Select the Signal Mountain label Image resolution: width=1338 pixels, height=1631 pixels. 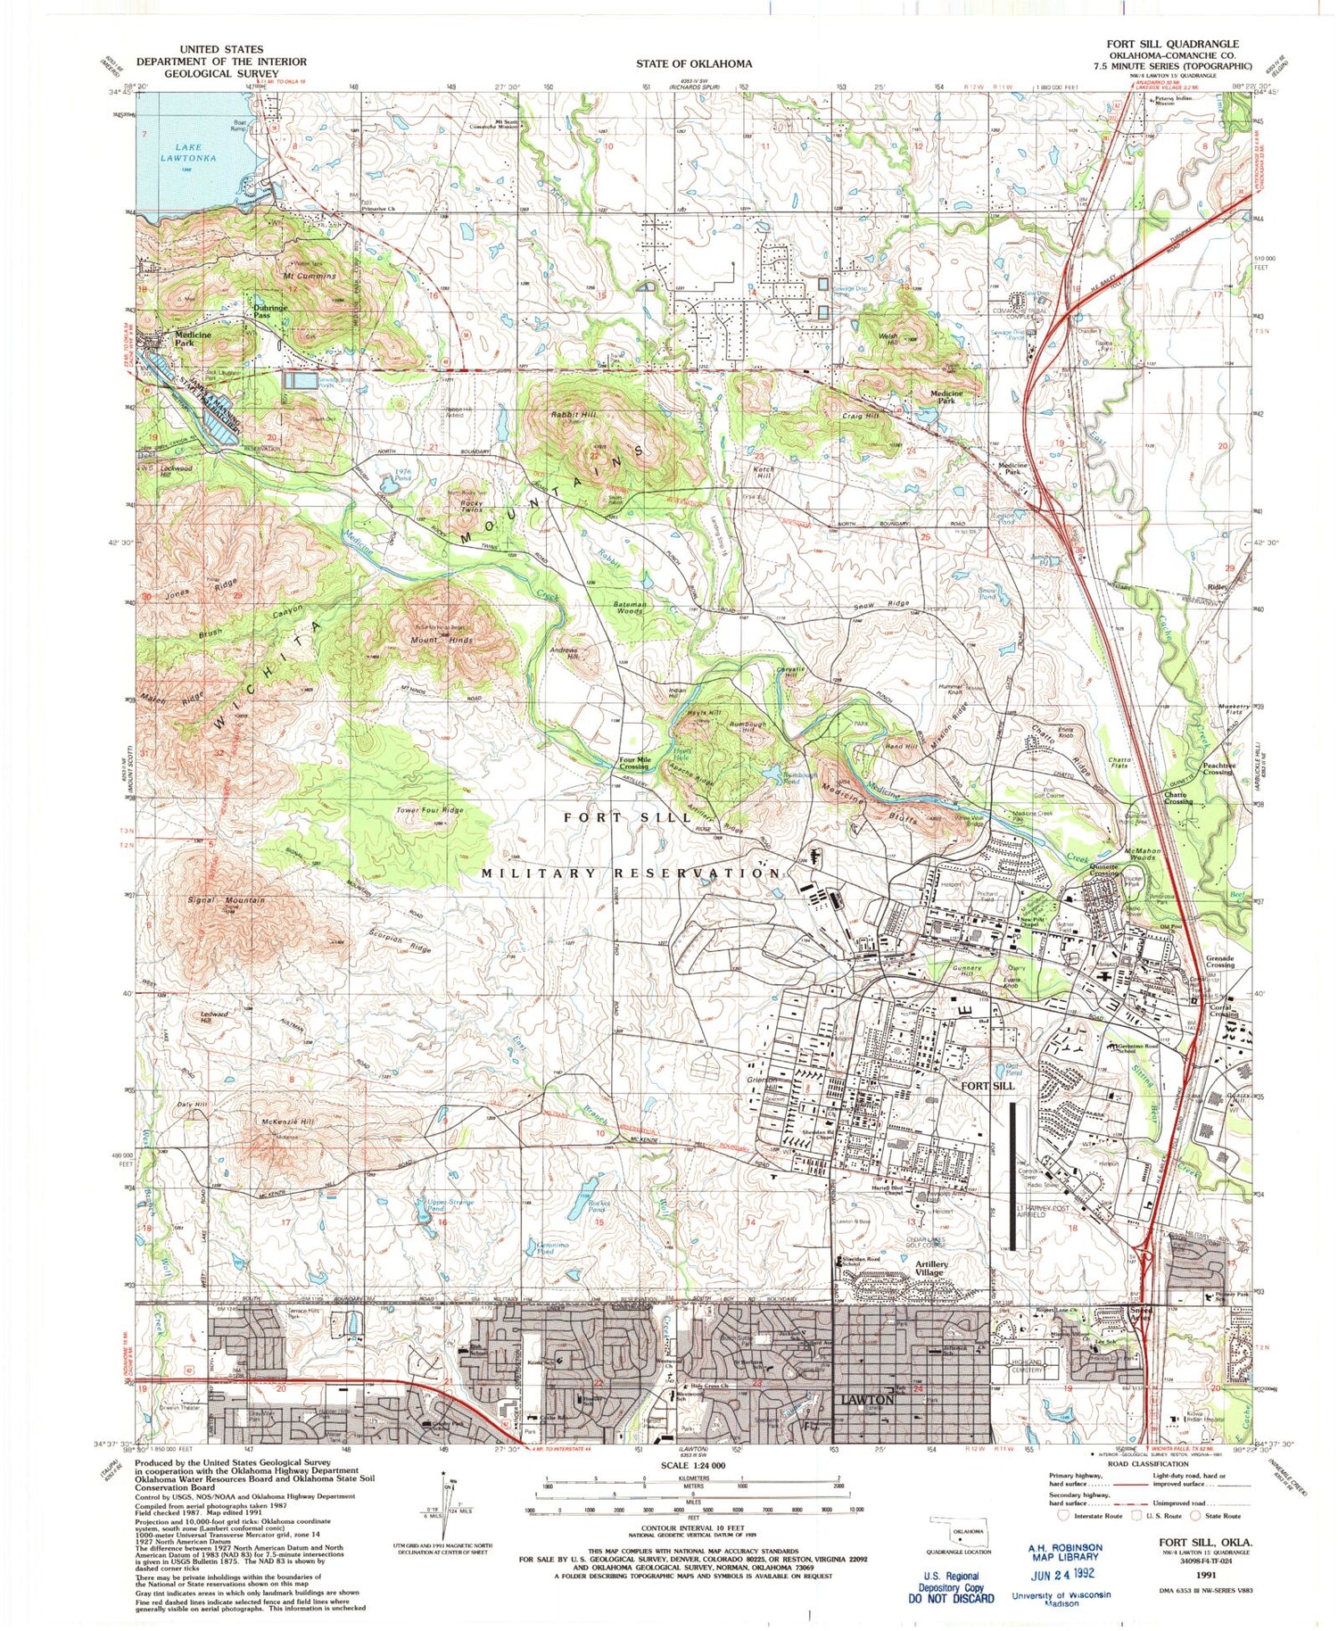point(227,900)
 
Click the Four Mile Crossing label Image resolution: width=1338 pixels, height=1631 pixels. point(634,764)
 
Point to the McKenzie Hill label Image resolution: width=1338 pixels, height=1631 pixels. point(288,1122)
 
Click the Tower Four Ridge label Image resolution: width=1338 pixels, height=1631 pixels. point(430,810)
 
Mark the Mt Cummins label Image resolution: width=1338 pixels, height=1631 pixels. point(310,276)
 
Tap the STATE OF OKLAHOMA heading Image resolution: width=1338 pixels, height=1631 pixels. point(694,63)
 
